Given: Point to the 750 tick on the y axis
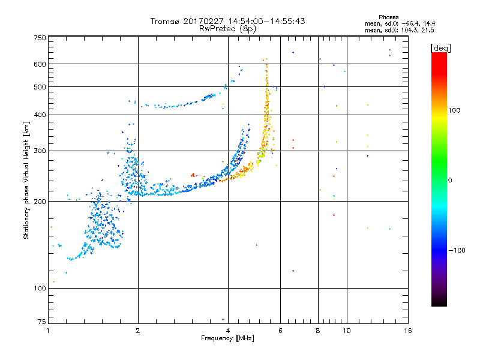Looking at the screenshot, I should coord(40,38).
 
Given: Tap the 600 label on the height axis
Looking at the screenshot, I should coord(40,64).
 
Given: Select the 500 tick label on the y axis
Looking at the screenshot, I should coord(40,87).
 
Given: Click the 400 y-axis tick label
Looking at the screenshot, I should coord(40,115).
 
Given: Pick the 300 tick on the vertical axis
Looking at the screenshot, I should coord(40,151).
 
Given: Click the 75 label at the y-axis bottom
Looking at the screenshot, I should coord(41,322).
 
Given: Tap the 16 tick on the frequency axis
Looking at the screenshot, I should coord(407,331).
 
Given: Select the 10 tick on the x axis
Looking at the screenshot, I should coord(346,331).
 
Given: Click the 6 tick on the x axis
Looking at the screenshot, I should coord(280,331).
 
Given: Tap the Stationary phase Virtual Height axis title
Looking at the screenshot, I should coord(26,179).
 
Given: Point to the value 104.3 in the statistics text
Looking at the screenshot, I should coord(406,29).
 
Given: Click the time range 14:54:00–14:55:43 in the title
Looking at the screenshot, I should coord(261,21).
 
